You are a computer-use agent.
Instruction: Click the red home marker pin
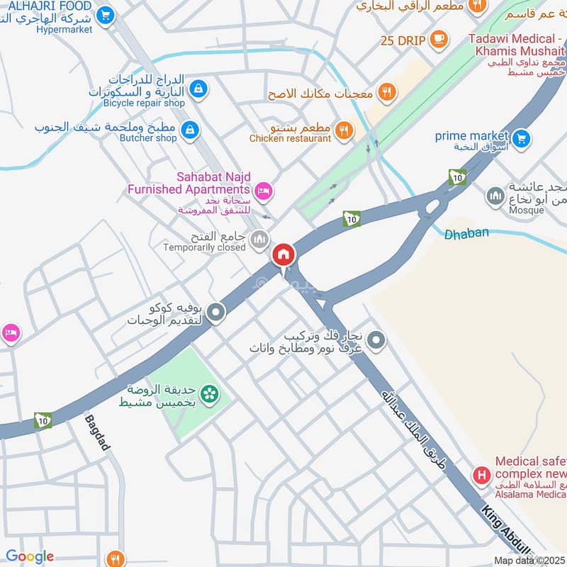click(283, 255)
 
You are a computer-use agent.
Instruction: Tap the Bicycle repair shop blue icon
click(199, 89)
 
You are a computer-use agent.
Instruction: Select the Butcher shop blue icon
click(189, 130)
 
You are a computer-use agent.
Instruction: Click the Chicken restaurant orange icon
click(344, 130)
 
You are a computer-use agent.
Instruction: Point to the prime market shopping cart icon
click(521, 138)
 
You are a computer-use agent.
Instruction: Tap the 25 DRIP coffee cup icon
click(439, 38)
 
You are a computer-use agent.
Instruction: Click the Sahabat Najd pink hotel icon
click(264, 190)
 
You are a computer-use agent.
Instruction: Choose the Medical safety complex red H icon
click(482, 475)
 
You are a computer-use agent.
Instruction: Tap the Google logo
click(30, 556)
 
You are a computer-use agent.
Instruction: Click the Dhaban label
click(458, 232)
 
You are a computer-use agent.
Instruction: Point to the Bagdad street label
click(97, 432)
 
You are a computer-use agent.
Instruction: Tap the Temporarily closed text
click(204, 247)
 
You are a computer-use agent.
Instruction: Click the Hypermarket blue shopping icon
click(106, 13)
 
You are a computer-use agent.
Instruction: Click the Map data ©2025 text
click(529, 560)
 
